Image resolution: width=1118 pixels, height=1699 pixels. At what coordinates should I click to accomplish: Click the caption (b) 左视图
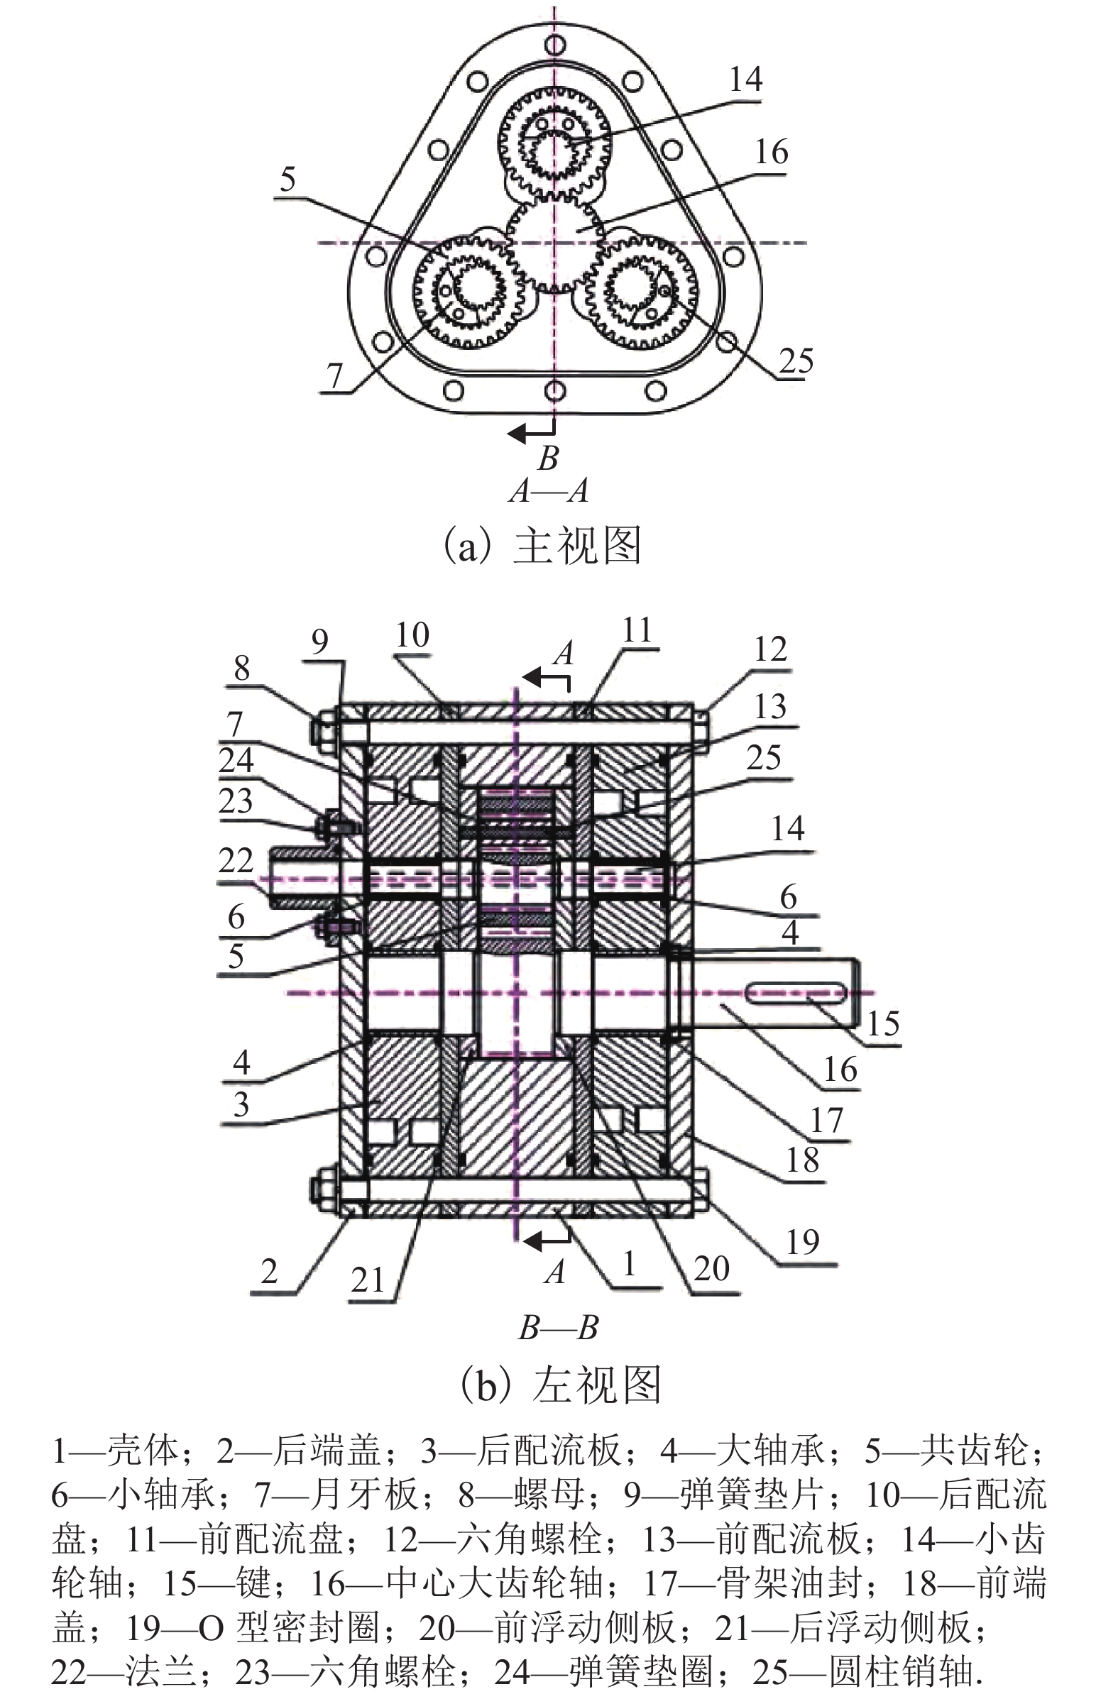561,1385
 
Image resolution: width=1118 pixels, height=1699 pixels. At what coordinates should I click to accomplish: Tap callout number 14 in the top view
745,79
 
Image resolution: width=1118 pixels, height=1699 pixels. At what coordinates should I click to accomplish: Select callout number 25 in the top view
795,361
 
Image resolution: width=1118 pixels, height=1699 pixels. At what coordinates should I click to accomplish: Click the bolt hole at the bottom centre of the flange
554,390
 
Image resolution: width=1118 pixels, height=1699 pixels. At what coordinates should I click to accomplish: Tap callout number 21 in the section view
368,1280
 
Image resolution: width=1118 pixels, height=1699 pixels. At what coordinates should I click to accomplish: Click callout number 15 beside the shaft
883,1024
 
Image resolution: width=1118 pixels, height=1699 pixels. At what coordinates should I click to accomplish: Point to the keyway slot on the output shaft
796,992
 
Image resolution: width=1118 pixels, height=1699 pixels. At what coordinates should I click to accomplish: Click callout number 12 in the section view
770,649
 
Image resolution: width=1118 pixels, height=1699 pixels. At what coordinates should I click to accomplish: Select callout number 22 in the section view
236,861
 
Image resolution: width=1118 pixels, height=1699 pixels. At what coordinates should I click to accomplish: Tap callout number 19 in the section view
802,1243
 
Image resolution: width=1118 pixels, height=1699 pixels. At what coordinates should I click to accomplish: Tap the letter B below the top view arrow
547,458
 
